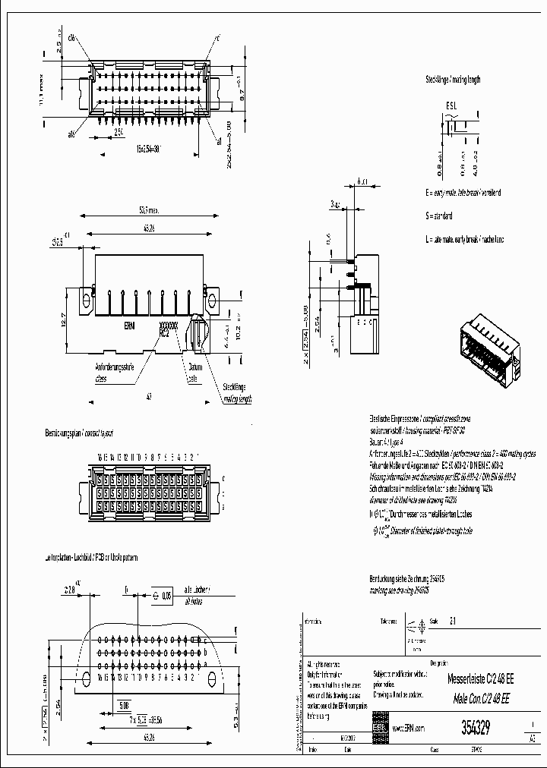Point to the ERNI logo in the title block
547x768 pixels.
[x=378, y=727]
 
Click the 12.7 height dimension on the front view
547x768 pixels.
[x=65, y=319]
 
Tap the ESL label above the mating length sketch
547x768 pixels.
[x=451, y=108]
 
